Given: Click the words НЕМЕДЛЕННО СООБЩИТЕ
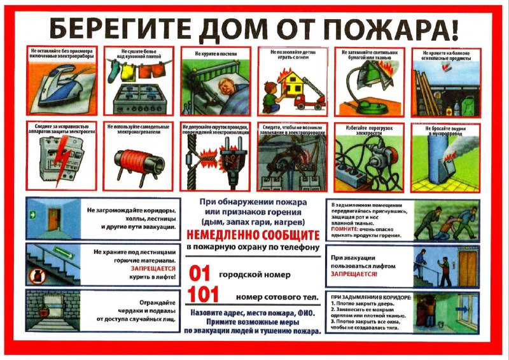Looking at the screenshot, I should [x=253, y=234].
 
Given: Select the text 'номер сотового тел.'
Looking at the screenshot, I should [x=272, y=297].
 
